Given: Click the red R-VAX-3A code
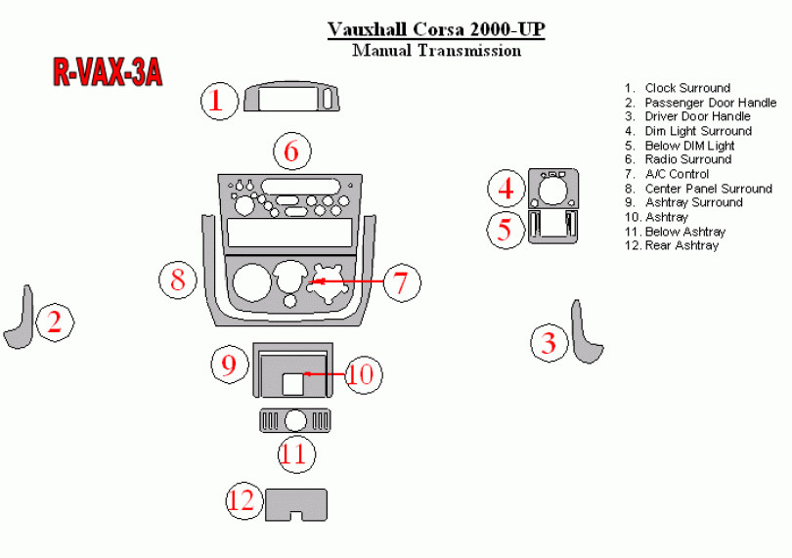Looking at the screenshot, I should (106, 72).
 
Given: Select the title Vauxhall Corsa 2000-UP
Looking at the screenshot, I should (435, 29).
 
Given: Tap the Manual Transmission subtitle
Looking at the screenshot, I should (435, 51).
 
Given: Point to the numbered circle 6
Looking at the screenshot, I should (291, 151).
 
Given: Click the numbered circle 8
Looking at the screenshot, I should (178, 279).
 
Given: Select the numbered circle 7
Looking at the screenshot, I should (401, 283).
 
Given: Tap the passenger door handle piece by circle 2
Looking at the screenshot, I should (20, 321).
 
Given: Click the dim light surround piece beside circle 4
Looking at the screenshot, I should (552, 189).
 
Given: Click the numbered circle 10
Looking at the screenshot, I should (361, 373).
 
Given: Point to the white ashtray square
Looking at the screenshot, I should (293, 383).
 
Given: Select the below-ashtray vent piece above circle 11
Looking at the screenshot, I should (294, 420).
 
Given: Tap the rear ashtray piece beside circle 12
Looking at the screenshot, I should (296, 503).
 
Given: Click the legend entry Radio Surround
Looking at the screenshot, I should (687, 159).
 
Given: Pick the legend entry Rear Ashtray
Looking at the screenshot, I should (682, 245).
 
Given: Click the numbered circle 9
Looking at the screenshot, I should (229, 365).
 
